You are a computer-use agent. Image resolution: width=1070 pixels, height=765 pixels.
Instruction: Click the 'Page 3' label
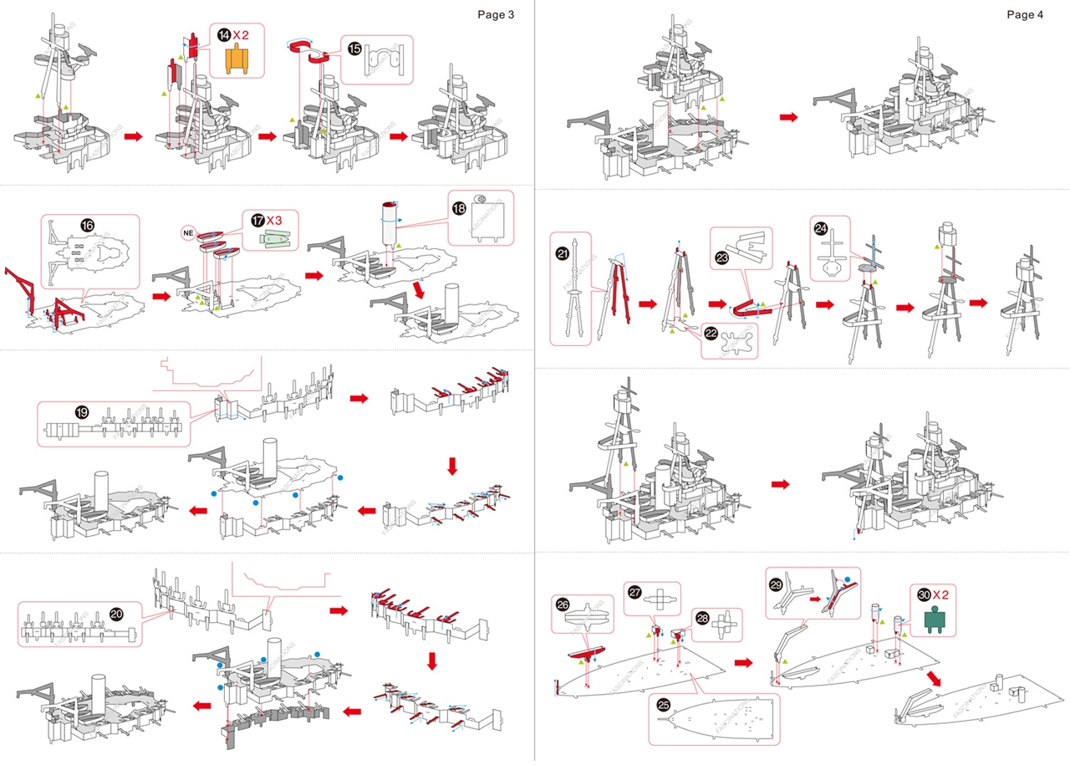point(496,14)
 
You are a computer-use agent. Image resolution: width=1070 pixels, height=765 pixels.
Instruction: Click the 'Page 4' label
point(1025,14)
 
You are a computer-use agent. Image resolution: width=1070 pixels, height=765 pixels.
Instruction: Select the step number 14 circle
point(223,35)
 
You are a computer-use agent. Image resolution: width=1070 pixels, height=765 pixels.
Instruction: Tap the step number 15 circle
point(354,48)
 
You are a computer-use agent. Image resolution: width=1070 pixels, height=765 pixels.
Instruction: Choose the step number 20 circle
point(116,614)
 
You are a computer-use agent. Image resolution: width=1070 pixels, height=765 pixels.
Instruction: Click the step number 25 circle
point(663,704)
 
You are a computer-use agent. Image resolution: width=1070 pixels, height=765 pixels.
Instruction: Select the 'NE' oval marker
point(188,232)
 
